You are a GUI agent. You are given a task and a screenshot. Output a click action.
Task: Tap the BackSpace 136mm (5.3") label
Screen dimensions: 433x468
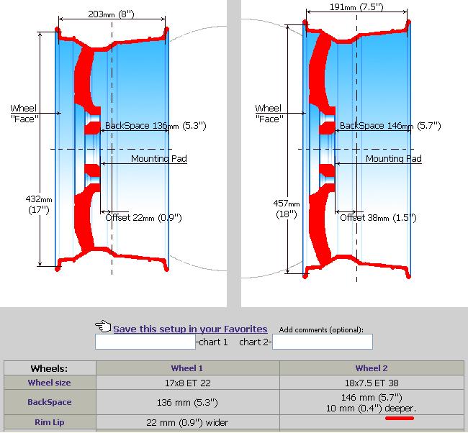[156, 126]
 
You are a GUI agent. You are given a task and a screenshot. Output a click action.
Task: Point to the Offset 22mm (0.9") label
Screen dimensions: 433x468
[143, 217]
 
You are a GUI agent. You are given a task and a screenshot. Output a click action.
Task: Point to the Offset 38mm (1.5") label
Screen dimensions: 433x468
[377, 217]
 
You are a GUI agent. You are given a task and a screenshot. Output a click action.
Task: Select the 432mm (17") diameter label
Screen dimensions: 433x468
[35, 204]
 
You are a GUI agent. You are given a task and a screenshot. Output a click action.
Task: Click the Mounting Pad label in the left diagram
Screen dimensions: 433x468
[159, 158]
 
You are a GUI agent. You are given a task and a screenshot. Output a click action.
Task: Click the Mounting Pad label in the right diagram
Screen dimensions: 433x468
[394, 158]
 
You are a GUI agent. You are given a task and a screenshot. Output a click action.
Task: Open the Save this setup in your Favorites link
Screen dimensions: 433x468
[190, 329]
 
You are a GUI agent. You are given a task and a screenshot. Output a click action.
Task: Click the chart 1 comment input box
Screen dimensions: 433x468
[145, 342]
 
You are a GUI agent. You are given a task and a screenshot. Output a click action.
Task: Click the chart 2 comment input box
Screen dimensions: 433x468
[322, 342]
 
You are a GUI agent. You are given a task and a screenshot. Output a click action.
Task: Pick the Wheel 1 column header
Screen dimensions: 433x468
[187, 368]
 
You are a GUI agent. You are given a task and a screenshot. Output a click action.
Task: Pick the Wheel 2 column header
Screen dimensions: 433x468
[372, 368]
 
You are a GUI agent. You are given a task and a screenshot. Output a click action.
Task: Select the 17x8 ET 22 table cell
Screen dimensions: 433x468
[187, 383]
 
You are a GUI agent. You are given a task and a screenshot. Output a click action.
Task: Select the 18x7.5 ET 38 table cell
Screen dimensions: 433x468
[372, 383]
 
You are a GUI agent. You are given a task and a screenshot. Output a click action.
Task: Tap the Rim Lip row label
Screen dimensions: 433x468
[50, 422]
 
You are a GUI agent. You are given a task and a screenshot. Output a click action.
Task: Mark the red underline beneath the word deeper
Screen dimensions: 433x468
[399, 416]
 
